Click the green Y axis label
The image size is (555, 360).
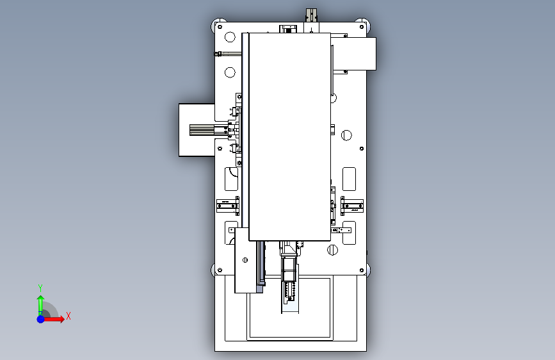point(40,288)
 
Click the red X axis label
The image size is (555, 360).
point(68,316)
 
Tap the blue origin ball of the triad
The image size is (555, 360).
point(41,319)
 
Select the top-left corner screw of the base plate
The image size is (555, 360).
point(220,26)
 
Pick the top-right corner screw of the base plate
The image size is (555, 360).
point(362,26)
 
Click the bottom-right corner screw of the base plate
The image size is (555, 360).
point(362,270)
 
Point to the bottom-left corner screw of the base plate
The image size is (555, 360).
point(220,270)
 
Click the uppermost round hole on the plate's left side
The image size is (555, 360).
point(230,37)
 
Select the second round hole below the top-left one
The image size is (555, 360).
point(230,72)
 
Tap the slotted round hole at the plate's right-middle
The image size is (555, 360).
point(346,135)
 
